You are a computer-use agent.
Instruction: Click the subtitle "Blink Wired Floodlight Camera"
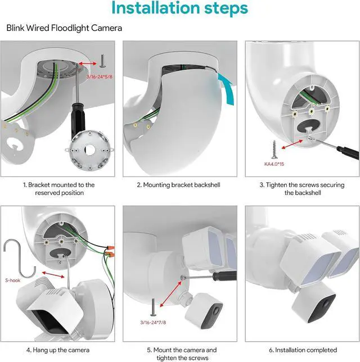(x=64, y=28)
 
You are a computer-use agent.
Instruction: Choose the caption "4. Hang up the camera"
(x=58, y=350)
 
